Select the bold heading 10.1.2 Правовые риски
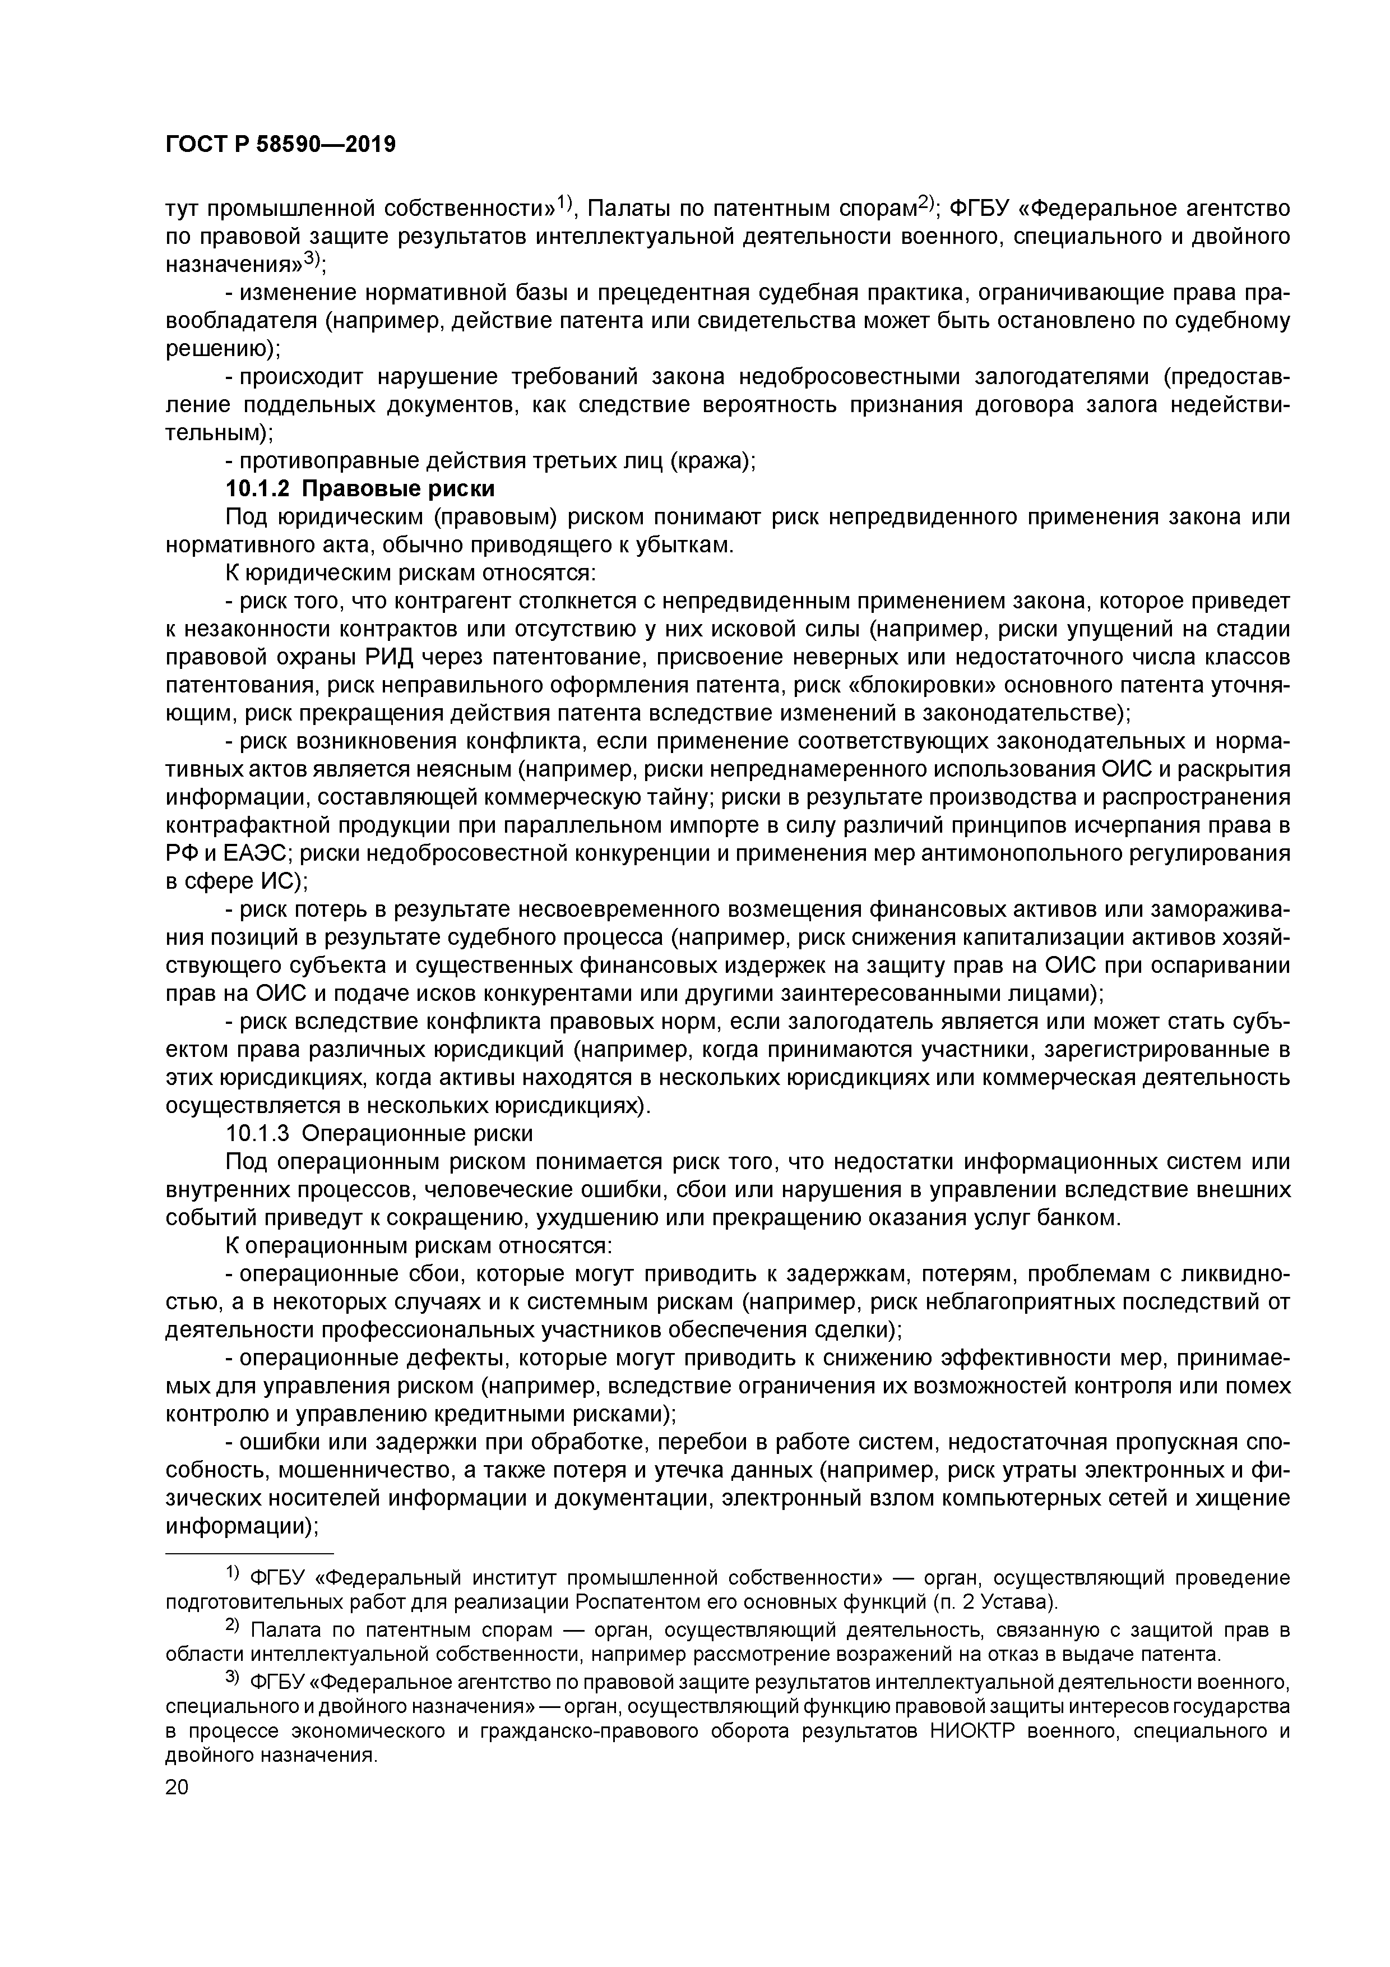[x=360, y=489]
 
